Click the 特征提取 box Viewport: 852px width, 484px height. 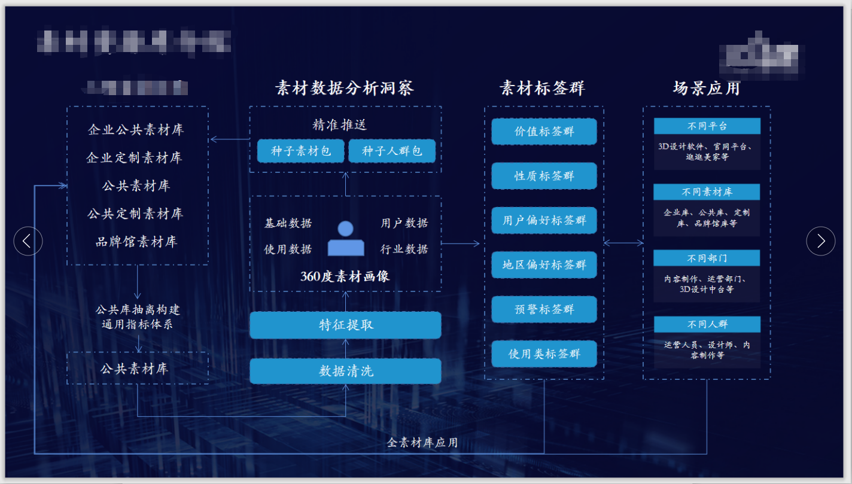(345, 325)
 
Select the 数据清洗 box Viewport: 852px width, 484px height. (345, 371)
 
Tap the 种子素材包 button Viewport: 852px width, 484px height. (301, 151)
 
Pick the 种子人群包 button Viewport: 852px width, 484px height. (392, 151)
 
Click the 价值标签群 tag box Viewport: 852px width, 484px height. (544, 132)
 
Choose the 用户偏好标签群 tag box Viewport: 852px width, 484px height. (544, 221)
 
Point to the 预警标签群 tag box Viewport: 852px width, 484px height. (544, 310)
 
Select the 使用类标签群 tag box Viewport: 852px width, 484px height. (544, 354)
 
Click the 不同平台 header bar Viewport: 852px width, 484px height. (707, 126)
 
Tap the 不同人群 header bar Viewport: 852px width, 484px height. (707, 324)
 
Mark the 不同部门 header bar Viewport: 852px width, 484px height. (707, 258)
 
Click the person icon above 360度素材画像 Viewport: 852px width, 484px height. (346, 239)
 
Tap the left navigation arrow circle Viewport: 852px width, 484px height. (28, 241)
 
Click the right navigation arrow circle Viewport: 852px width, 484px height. (820, 241)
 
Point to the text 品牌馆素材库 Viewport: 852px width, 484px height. (136, 242)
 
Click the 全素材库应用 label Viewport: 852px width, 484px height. (422, 443)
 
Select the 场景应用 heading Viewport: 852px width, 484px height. (707, 89)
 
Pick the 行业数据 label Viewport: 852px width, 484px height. (404, 249)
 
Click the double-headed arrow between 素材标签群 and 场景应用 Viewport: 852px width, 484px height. (623, 243)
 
